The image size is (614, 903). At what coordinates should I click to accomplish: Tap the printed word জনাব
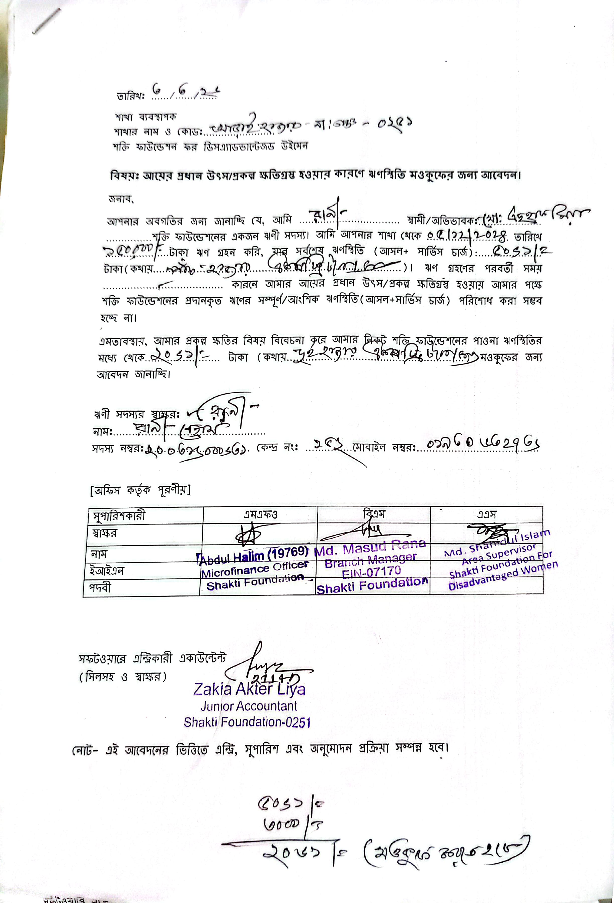[x=121, y=199]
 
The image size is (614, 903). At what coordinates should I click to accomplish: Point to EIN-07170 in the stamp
[x=371, y=572]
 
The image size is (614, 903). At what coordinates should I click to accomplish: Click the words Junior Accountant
[x=249, y=706]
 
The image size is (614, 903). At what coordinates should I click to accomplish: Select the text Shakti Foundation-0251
[x=247, y=722]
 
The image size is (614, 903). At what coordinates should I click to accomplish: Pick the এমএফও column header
[x=260, y=515]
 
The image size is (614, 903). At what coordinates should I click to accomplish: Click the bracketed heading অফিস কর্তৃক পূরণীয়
[x=140, y=491]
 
